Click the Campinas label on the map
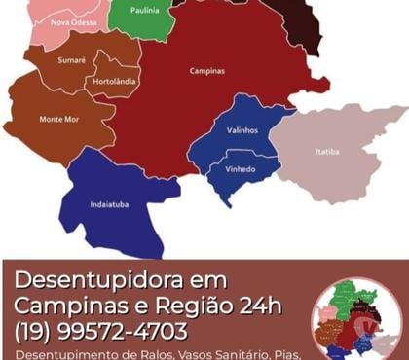[206, 71]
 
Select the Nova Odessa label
[73, 21]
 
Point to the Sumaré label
[73, 59]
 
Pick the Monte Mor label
[59, 119]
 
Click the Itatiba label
[328, 152]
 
